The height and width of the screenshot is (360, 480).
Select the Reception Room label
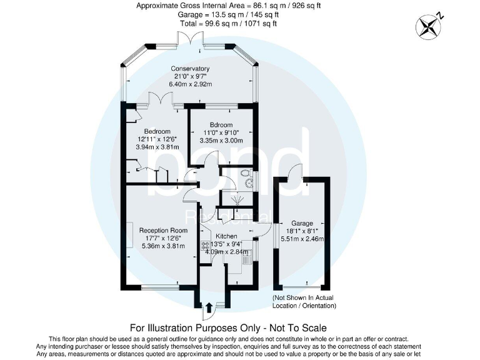click(x=163, y=230)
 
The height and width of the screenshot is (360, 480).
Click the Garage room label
click(x=302, y=223)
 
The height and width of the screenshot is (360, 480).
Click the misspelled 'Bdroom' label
click(x=221, y=124)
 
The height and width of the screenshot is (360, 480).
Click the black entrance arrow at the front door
click(x=209, y=306)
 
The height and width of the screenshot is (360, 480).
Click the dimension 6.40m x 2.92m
click(x=193, y=84)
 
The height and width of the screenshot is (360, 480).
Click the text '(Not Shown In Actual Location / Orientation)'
click(x=304, y=302)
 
